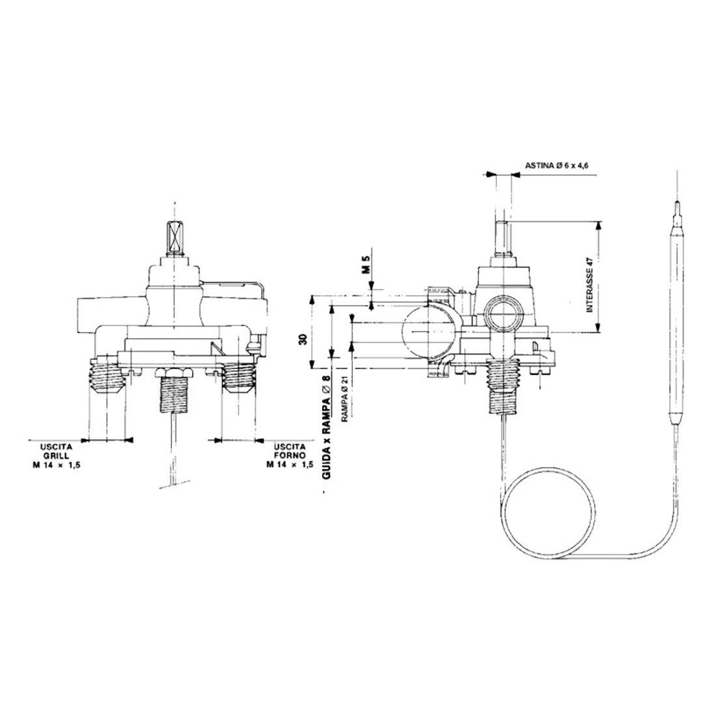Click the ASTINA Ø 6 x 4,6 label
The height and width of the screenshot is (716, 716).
(556, 166)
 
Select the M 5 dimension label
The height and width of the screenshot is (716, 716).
(366, 264)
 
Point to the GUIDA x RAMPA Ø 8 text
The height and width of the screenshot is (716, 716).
(327, 426)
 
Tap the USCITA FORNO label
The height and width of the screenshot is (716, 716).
(290, 455)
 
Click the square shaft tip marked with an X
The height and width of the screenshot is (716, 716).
(175, 238)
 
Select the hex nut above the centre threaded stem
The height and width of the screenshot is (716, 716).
(174, 372)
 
